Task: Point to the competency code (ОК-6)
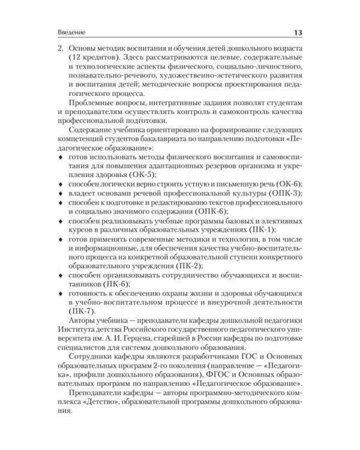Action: (x=286, y=183)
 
